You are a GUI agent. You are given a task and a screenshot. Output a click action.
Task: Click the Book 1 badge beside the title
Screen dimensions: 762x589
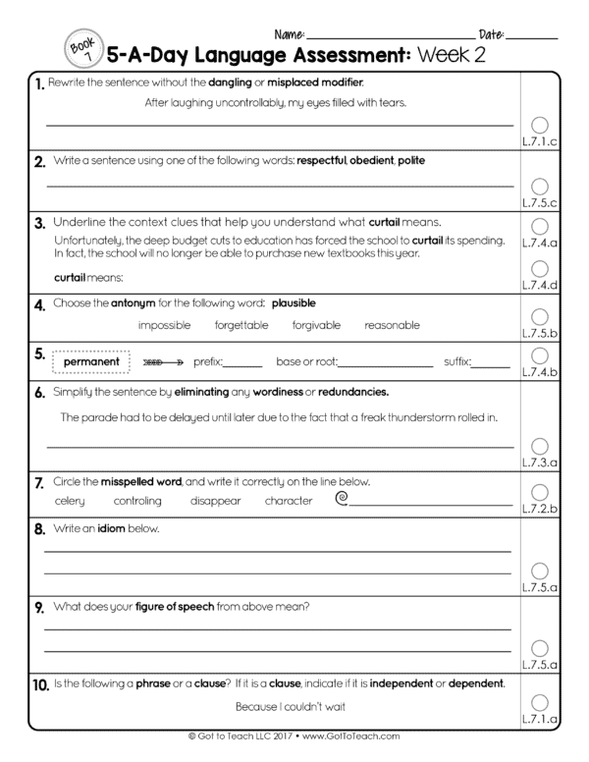[x=80, y=48]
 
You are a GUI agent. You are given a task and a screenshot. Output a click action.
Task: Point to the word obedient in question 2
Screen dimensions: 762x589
[x=371, y=160]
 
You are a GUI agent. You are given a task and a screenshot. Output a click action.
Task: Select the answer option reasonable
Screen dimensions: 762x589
[x=392, y=325]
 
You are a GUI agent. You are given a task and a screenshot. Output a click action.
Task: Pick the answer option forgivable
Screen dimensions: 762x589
[x=317, y=325]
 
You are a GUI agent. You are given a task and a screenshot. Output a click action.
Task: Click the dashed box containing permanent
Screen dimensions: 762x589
[x=91, y=362]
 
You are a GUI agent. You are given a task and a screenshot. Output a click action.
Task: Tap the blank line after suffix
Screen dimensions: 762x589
[x=491, y=366]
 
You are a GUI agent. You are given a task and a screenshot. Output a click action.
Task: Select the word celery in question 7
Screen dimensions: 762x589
[x=70, y=501]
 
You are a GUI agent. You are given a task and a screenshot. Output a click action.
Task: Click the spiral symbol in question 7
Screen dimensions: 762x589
[x=342, y=499]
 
